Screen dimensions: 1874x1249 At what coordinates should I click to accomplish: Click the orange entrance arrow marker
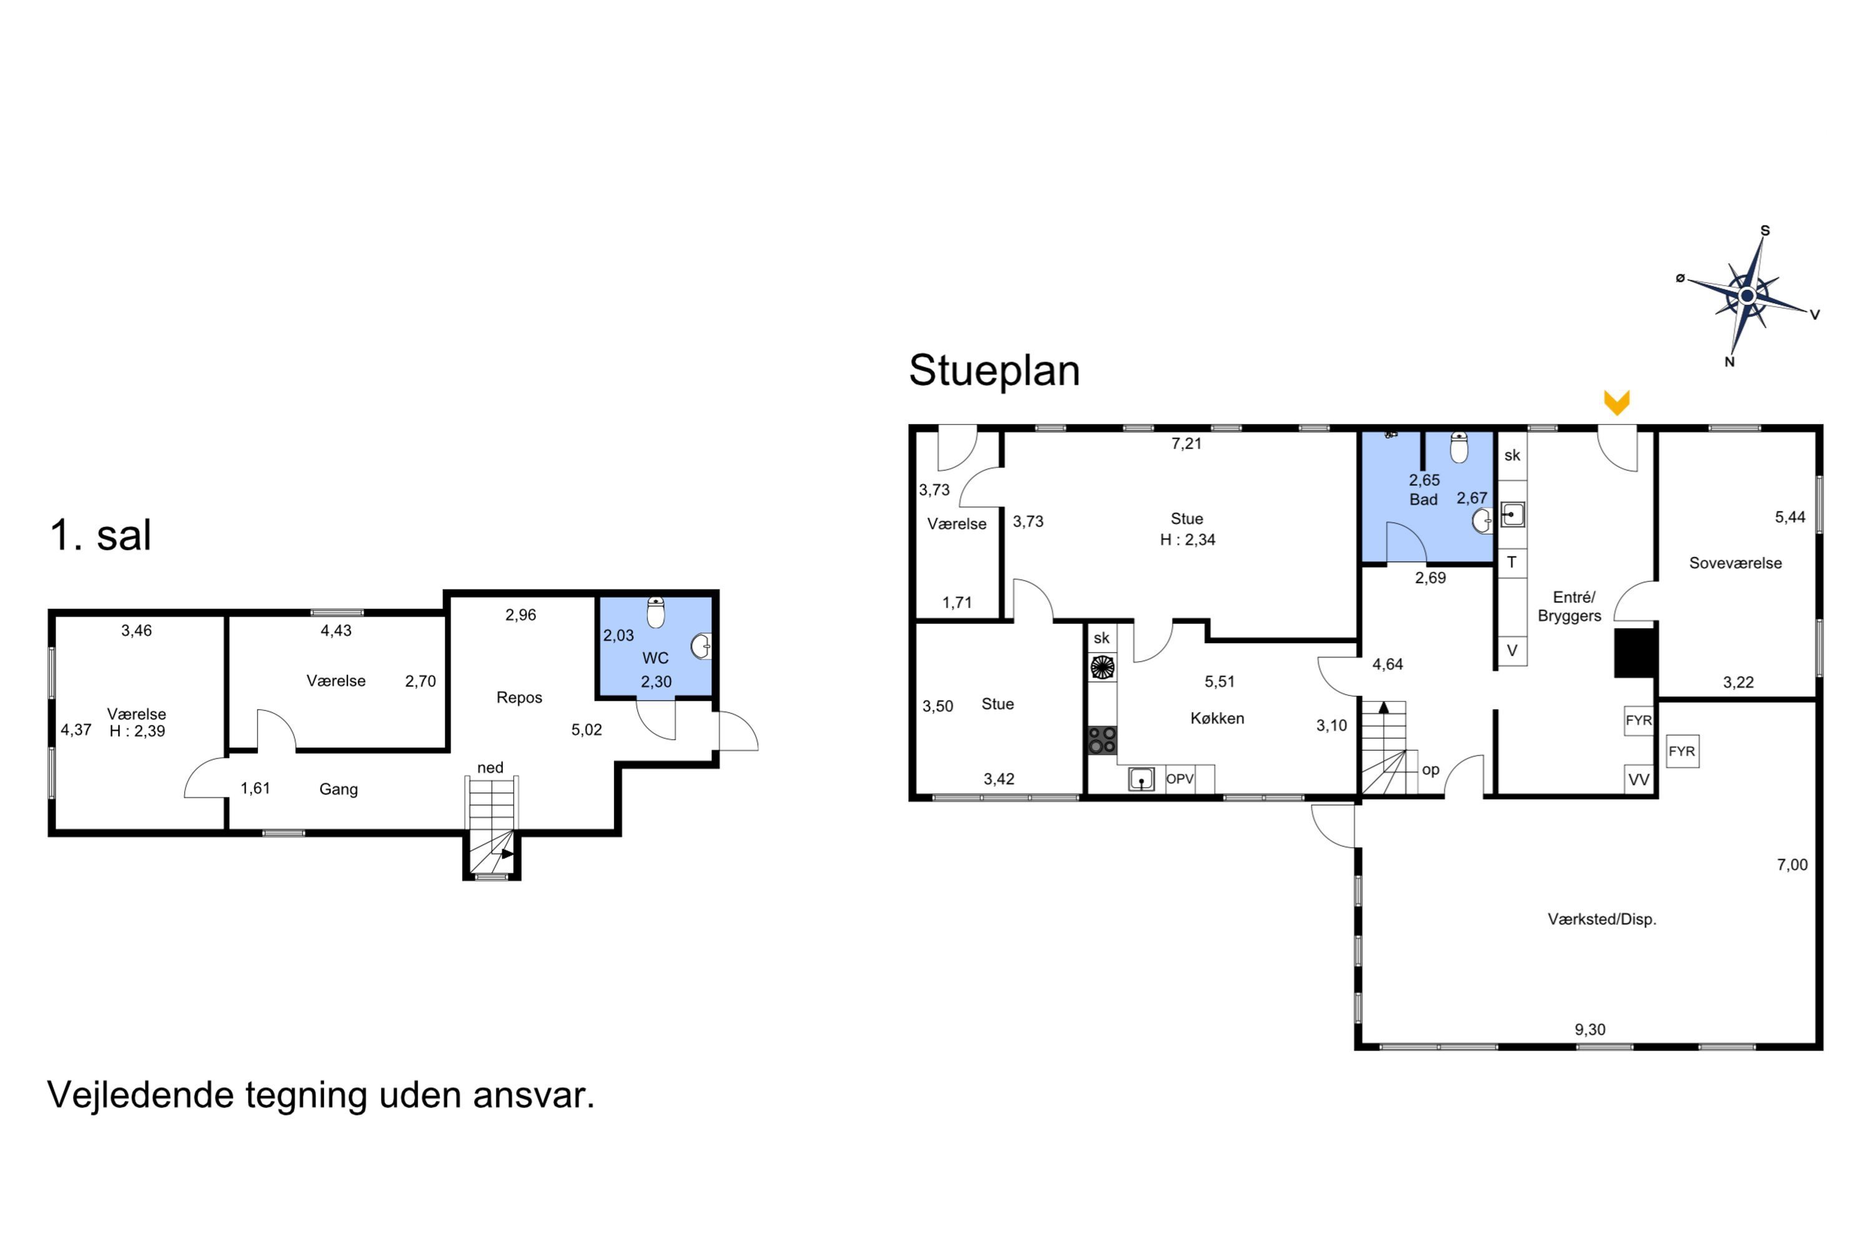[x=1617, y=402]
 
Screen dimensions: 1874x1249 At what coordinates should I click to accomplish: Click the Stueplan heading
[x=994, y=371]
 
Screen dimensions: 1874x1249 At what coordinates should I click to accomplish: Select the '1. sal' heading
[x=101, y=535]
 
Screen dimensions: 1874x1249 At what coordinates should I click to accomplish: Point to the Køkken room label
[x=1217, y=719]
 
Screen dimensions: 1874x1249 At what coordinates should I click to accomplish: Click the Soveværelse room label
[x=1735, y=563]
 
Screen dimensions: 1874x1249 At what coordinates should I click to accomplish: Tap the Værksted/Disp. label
[x=1602, y=919]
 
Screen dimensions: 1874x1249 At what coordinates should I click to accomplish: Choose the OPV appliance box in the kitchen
[x=1180, y=779]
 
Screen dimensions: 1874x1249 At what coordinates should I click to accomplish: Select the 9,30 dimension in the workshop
[x=1590, y=1030]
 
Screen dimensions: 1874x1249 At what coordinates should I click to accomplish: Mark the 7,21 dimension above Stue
[x=1186, y=443]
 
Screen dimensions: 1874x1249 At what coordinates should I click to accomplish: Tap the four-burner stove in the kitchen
[x=1102, y=740]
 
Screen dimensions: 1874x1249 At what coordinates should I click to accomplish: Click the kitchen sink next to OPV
[x=1141, y=779]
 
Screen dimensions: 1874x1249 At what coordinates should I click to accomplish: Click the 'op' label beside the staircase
[x=1430, y=770]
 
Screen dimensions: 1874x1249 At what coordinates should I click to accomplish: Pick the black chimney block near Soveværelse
[x=1635, y=653]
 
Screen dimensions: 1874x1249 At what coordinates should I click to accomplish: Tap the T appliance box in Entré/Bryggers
[x=1512, y=563]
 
